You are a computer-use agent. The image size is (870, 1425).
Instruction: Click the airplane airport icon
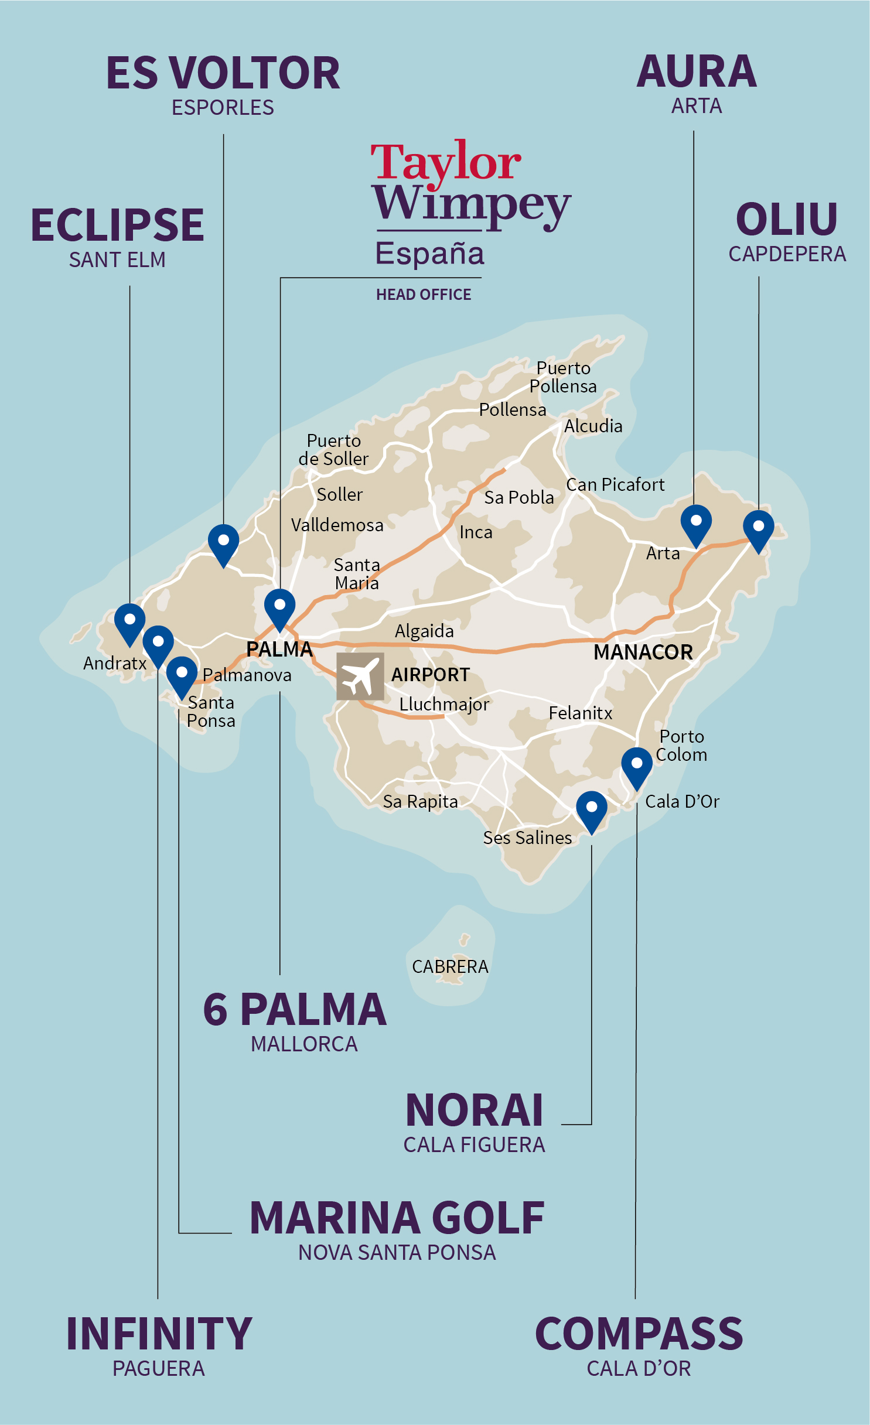(x=360, y=676)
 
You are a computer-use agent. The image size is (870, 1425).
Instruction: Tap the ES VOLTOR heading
(x=223, y=74)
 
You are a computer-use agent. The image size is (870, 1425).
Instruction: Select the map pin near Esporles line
(x=223, y=542)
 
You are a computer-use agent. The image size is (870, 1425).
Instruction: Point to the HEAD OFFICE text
(x=424, y=295)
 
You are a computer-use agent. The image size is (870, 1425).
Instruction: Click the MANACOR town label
(x=643, y=652)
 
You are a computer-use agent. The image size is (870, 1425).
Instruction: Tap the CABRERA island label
(x=450, y=966)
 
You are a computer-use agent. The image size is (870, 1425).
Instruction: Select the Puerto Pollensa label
(x=563, y=377)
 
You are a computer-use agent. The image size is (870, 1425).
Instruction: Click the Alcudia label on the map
(x=593, y=426)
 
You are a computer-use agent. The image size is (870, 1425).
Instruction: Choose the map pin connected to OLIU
(x=758, y=528)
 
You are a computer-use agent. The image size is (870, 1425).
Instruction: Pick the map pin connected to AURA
(x=696, y=522)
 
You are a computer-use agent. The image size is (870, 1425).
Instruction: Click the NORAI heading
(x=474, y=1110)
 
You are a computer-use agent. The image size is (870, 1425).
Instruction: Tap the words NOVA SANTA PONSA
(x=397, y=1252)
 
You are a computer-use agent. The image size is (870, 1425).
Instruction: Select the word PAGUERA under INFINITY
(x=158, y=1369)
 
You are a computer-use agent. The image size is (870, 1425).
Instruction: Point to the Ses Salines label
(x=527, y=838)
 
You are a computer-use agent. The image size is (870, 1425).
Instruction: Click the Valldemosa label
(x=337, y=525)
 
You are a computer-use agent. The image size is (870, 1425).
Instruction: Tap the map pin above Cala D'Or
(x=636, y=766)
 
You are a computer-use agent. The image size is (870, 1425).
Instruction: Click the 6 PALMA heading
(x=295, y=1010)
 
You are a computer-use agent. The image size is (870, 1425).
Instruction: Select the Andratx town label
(x=115, y=664)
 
